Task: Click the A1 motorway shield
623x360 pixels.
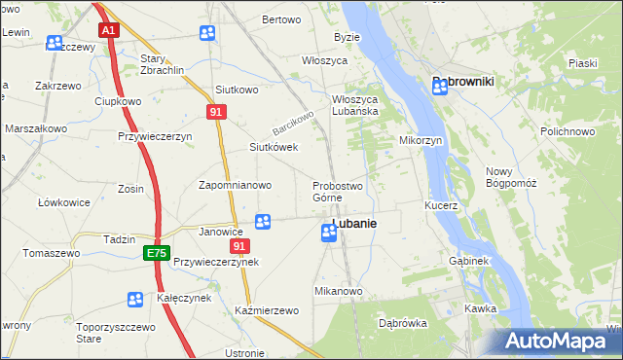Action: [108, 30]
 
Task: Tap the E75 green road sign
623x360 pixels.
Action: [156, 253]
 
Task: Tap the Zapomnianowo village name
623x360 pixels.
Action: [235, 185]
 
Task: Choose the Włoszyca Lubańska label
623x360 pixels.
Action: [368, 104]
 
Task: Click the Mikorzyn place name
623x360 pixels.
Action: [421, 140]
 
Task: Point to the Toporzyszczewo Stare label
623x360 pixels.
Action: [117, 335]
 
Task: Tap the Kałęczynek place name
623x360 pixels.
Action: [184, 298]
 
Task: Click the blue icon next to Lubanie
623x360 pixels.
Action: [329, 233]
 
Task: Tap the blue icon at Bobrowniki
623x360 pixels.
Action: [440, 87]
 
